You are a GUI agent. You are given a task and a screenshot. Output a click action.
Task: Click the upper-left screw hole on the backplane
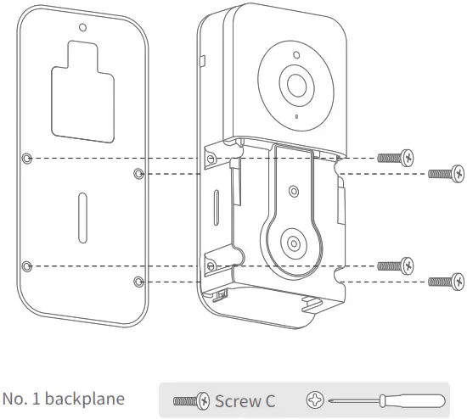pos(28,158)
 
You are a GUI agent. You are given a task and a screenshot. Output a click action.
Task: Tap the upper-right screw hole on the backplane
pos(139,173)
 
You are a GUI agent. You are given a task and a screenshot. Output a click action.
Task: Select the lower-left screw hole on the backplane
pos(28,266)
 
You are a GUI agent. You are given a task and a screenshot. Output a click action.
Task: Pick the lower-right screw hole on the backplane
pos(139,281)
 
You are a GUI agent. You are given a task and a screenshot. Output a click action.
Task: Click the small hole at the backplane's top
pos(82,27)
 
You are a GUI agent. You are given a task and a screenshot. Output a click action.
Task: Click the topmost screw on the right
pos(397,158)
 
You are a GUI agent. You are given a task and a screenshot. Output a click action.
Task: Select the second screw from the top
pos(447,174)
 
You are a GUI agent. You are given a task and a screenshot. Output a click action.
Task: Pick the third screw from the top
pos(397,266)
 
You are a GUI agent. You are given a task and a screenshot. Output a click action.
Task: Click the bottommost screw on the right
pos(447,281)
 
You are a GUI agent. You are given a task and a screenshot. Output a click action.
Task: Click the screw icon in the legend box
pos(191,399)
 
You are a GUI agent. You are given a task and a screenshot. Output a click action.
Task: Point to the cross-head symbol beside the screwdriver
pos(317,399)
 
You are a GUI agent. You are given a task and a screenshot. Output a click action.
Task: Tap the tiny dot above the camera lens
pos(296,57)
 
